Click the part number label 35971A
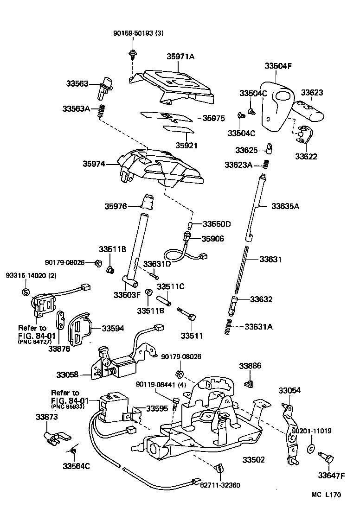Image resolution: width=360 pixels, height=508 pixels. (x=180, y=57)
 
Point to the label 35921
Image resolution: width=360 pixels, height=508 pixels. (x=186, y=145)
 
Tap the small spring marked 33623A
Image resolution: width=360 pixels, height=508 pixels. (x=266, y=164)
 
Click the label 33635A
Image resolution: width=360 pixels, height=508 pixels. (x=285, y=206)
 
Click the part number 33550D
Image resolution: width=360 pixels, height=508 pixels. (x=216, y=224)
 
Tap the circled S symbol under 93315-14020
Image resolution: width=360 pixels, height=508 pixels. (x=26, y=292)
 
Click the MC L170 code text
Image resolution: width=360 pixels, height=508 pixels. (x=326, y=495)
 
